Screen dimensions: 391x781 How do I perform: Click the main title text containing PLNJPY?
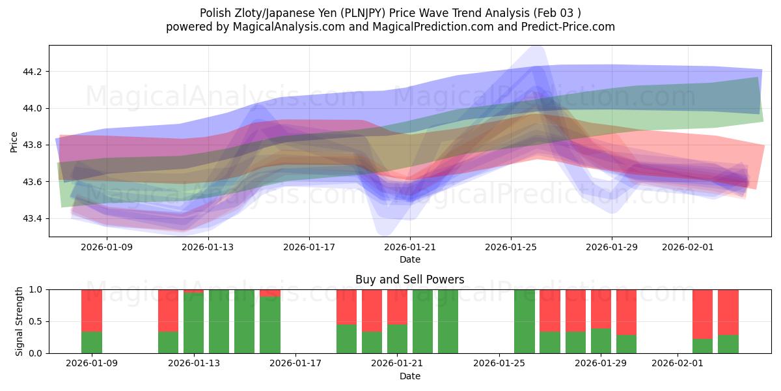tap(390, 12)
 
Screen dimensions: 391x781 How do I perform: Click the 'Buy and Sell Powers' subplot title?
tap(409, 280)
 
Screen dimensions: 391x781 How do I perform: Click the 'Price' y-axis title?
tap(14, 141)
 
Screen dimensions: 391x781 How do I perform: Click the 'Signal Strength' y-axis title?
tap(20, 321)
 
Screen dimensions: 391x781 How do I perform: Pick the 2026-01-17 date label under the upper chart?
tap(308, 248)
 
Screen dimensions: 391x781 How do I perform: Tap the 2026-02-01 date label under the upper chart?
tap(688, 248)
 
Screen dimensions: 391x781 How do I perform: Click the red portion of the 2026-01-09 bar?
tap(92, 310)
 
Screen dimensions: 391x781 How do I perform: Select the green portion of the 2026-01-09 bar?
tap(92, 343)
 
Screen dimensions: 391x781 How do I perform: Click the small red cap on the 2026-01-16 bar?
tap(270, 293)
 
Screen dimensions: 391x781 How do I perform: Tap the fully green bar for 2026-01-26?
tap(525, 321)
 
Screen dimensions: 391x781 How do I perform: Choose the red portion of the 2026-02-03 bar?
tap(728, 311)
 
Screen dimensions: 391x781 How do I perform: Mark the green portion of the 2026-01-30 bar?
tap(626, 344)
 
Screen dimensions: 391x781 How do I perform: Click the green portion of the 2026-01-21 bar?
tap(397, 339)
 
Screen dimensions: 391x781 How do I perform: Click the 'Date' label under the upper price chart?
tap(409, 259)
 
